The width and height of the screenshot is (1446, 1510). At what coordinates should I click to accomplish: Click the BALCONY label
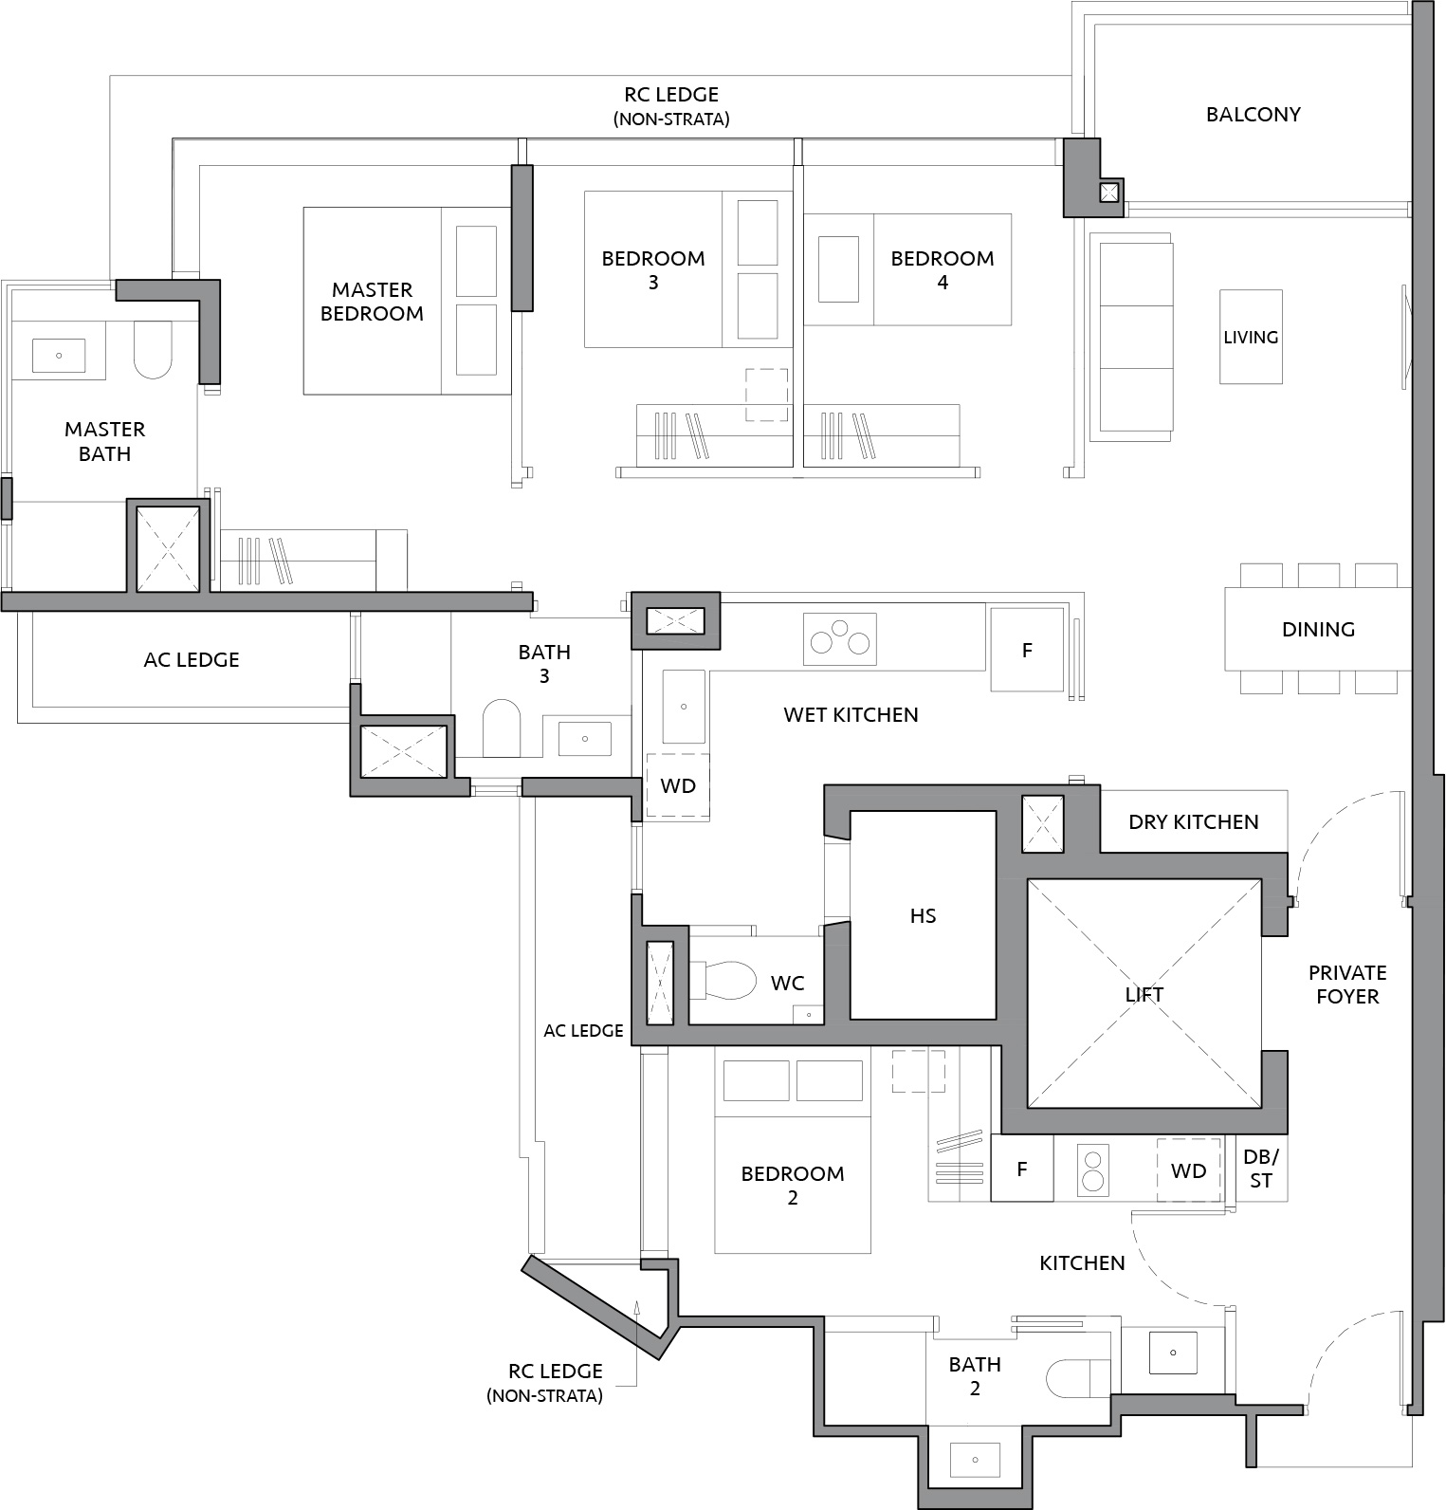pyautogui.click(x=1253, y=114)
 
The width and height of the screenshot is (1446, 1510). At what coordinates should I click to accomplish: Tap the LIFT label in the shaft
pyautogui.click(x=1144, y=994)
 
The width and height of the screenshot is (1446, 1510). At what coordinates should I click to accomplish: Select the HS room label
pyautogui.click(x=923, y=915)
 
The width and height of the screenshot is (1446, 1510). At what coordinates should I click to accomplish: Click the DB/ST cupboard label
pyautogui.click(x=1260, y=1169)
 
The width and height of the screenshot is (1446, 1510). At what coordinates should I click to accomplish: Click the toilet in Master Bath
pyautogui.click(x=153, y=350)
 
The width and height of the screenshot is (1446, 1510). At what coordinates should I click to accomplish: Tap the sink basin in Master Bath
pyautogui.click(x=59, y=356)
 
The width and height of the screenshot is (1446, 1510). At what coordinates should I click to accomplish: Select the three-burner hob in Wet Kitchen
pyautogui.click(x=840, y=638)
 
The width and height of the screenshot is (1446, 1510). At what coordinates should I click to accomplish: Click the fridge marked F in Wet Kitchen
pyautogui.click(x=1026, y=650)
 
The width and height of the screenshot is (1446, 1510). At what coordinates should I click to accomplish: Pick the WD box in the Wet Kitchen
pyautogui.click(x=678, y=786)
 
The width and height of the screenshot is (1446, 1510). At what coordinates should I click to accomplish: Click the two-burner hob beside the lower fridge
pyautogui.click(x=1093, y=1169)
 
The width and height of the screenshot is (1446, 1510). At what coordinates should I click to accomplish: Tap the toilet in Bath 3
pyautogui.click(x=502, y=728)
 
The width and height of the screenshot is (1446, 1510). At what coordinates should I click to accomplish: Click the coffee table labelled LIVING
pyautogui.click(x=1251, y=337)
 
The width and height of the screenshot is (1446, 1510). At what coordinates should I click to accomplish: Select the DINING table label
pyautogui.click(x=1318, y=629)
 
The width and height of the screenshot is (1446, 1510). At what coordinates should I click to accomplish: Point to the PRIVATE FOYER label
pyautogui.click(x=1347, y=985)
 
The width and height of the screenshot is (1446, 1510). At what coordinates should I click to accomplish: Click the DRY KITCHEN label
pyautogui.click(x=1194, y=822)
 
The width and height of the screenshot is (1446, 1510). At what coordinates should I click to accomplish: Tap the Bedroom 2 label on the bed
pyautogui.click(x=793, y=1186)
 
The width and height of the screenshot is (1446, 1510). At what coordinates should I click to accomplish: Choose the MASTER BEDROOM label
pyautogui.click(x=372, y=302)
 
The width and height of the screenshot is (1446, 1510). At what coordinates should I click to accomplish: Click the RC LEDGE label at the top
pyautogui.click(x=671, y=95)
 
